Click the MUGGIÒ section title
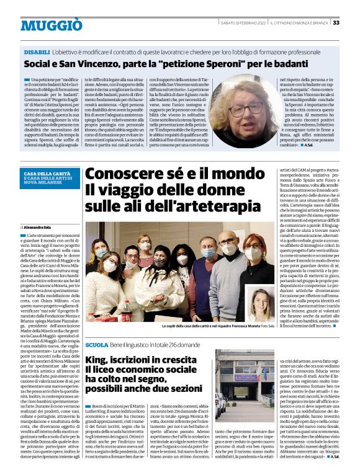click(51, 25)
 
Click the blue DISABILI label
click(37, 54)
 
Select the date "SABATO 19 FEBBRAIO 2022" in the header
click(244, 23)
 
